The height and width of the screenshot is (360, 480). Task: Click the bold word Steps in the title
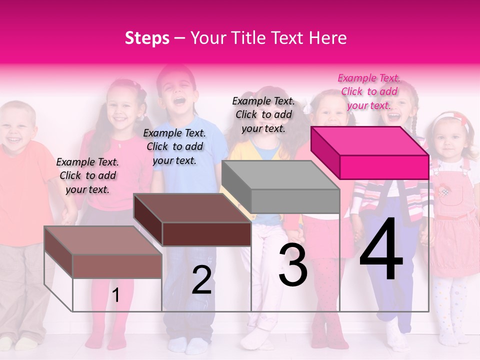pyautogui.click(x=147, y=38)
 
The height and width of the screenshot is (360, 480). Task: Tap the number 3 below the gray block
pyautogui.click(x=293, y=264)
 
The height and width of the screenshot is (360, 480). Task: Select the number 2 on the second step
pyautogui.click(x=201, y=280)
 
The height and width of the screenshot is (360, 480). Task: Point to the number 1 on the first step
pyautogui.click(x=115, y=295)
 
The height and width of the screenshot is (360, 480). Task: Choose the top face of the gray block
pyautogui.click(x=280, y=175)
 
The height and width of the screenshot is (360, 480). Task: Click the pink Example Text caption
pyautogui.click(x=369, y=91)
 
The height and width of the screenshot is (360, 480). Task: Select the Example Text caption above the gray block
pyautogui.click(x=263, y=114)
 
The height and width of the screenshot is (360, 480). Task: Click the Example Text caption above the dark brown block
pyautogui.click(x=174, y=146)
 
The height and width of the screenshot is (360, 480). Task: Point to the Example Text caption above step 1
pyautogui.click(x=87, y=175)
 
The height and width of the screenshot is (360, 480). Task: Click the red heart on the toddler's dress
pyautogui.click(x=444, y=191)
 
